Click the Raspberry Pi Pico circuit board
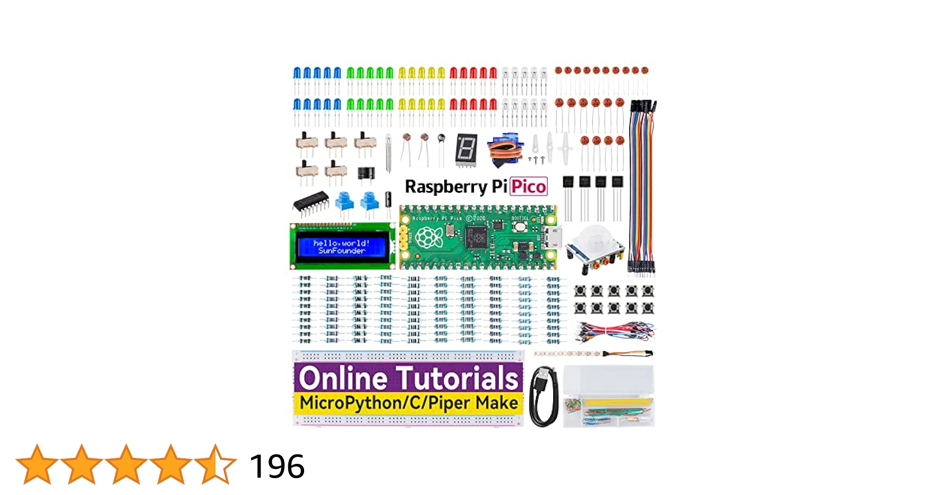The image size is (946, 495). point(478,238)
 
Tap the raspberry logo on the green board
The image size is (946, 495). point(429,238)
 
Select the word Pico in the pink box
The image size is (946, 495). point(528,187)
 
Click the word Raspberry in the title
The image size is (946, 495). point(446,187)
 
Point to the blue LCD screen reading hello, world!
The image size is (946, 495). point(341,247)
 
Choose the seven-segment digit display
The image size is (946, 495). point(466,148)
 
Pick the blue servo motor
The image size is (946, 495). point(505,148)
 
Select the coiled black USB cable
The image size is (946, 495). point(544,396)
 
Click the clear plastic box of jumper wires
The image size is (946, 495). point(609,396)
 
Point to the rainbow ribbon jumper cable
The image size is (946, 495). point(642,188)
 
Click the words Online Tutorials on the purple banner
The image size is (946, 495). point(408,378)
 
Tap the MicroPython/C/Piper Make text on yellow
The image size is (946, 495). point(408,403)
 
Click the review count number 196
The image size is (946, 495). point(277,466)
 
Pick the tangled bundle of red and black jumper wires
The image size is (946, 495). point(615,331)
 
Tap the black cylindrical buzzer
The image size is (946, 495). point(366,173)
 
